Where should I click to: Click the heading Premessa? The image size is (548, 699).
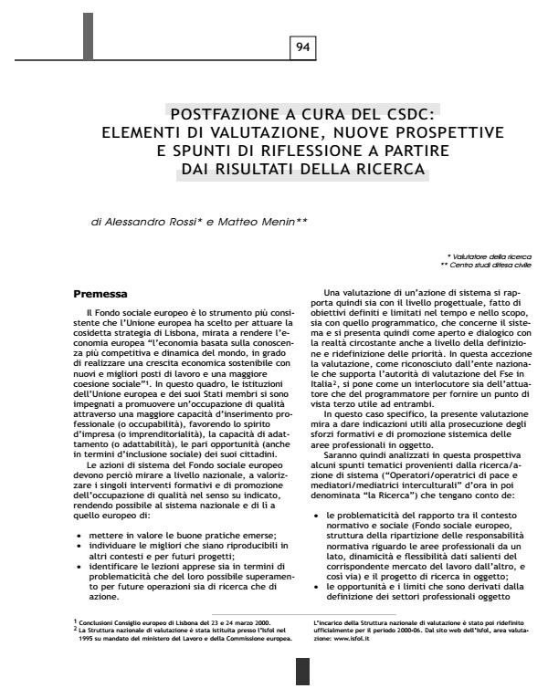click(99, 295)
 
